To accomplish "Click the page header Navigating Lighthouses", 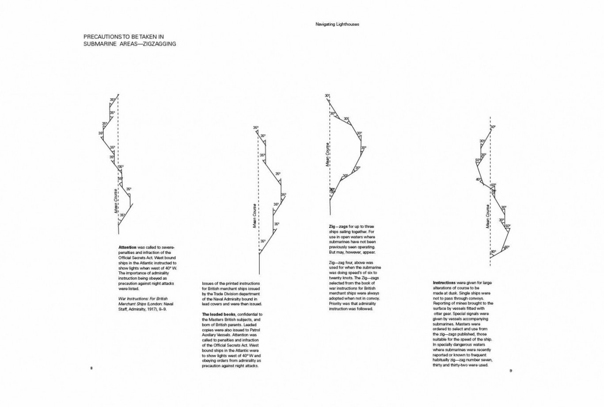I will (337, 24).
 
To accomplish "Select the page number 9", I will (510, 370).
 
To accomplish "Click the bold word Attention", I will (127, 246).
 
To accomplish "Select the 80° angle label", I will (493, 252).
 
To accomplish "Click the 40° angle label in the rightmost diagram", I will (478, 180).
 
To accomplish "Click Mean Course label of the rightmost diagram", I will (488, 216).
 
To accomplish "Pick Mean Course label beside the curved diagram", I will (327, 154).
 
